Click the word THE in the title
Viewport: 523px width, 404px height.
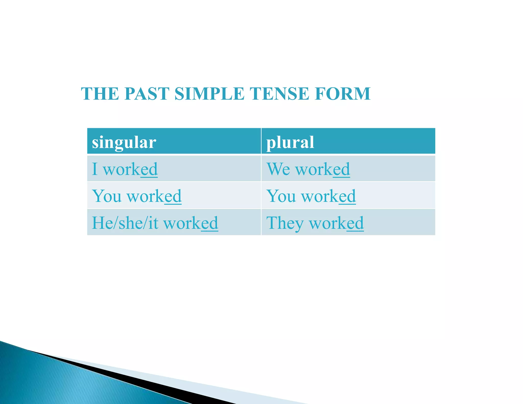(100, 93)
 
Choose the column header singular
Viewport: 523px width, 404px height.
(124, 142)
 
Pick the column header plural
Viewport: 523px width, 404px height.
(290, 142)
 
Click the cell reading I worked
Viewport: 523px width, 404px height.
(125, 169)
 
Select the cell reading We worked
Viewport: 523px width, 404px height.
(308, 169)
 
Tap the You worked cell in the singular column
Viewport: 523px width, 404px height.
(137, 196)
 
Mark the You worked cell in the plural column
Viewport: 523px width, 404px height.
(311, 196)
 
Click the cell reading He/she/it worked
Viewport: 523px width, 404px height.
(155, 223)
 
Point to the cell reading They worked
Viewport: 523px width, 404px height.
(315, 223)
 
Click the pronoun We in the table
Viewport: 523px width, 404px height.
(278, 169)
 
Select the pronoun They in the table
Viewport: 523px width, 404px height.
(285, 223)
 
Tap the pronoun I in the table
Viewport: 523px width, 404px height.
(95, 169)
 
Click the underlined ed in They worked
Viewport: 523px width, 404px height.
(355, 223)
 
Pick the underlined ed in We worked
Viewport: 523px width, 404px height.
(341, 169)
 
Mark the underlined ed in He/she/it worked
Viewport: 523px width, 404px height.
(210, 223)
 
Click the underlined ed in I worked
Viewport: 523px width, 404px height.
(149, 169)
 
